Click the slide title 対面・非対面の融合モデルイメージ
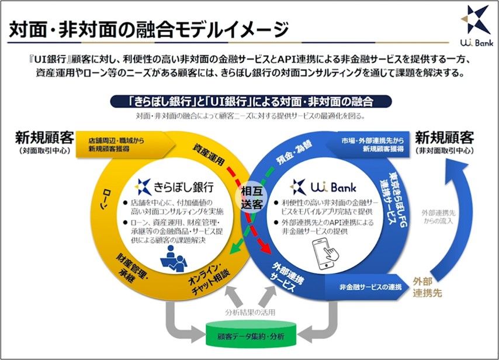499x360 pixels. pos(149,30)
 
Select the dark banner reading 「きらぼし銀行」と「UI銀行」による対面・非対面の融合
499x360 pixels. pos(251,101)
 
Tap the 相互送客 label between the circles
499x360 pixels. pos(252,197)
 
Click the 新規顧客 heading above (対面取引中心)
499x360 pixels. pos(44,139)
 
